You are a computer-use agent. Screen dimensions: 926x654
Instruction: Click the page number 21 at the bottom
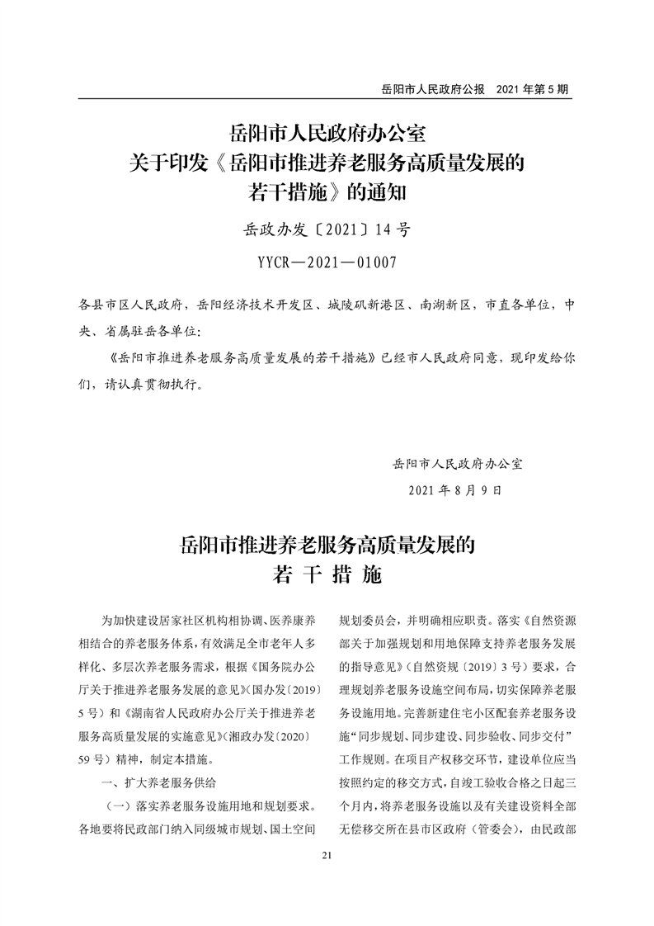click(327, 855)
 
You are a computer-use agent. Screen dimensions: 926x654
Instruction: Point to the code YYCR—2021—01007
click(327, 263)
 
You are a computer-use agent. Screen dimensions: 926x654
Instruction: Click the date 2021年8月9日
click(454, 489)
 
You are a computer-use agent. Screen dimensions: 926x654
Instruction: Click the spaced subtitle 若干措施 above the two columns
click(327, 575)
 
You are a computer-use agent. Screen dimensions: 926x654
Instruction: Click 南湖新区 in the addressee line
click(444, 305)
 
